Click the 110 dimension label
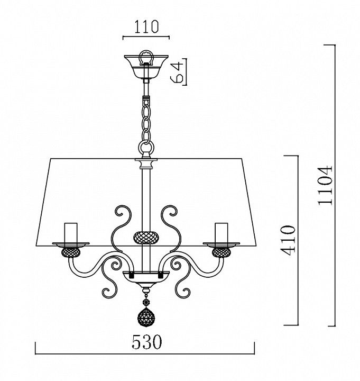pyautogui.click(x=146, y=26)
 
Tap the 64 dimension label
pyautogui.click(x=177, y=72)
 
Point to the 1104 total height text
pyautogui.click(x=325, y=185)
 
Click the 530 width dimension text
pyautogui.click(x=146, y=342)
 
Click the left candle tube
pyautogui.click(x=71, y=233)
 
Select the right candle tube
pyautogui.click(x=221, y=233)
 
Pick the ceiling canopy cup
pyautogui.click(x=146, y=67)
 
